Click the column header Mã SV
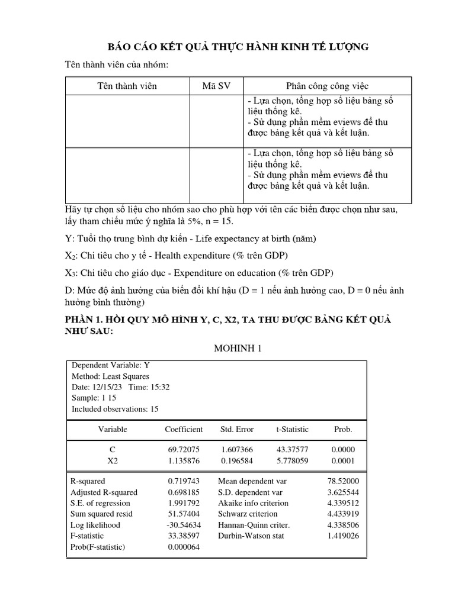click(216, 86)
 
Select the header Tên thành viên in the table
click(127, 86)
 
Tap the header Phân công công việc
click(319, 86)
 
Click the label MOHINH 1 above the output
click(237, 347)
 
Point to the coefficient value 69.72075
click(184, 450)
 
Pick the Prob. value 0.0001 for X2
click(343, 460)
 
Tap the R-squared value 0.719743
click(184, 482)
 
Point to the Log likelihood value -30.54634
click(183, 525)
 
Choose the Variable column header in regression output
click(113, 429)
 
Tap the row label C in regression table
click(113, 450)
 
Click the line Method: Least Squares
click(110, 376)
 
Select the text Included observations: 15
click(115, 408)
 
